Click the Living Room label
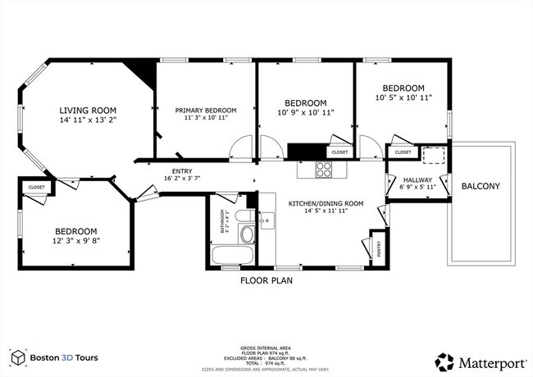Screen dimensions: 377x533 (88, 110)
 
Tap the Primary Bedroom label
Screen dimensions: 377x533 (205, 110)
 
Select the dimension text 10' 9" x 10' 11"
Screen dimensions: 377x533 (307, 111)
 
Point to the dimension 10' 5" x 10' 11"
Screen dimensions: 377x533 (403, 98)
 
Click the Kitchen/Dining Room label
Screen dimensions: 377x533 (326, 203)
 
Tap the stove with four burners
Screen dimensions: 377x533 (325, 170)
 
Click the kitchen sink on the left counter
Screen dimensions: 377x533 (266, 220)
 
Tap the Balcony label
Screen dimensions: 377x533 (481, 186)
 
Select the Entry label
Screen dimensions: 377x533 (183, 170)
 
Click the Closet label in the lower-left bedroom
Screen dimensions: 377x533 (37, 188)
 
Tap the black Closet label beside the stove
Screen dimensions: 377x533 (339, 152)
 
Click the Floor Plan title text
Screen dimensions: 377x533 (266, 280)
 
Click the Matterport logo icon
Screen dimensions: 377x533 (445, 361)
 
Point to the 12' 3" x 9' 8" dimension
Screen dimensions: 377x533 (76, 243)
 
